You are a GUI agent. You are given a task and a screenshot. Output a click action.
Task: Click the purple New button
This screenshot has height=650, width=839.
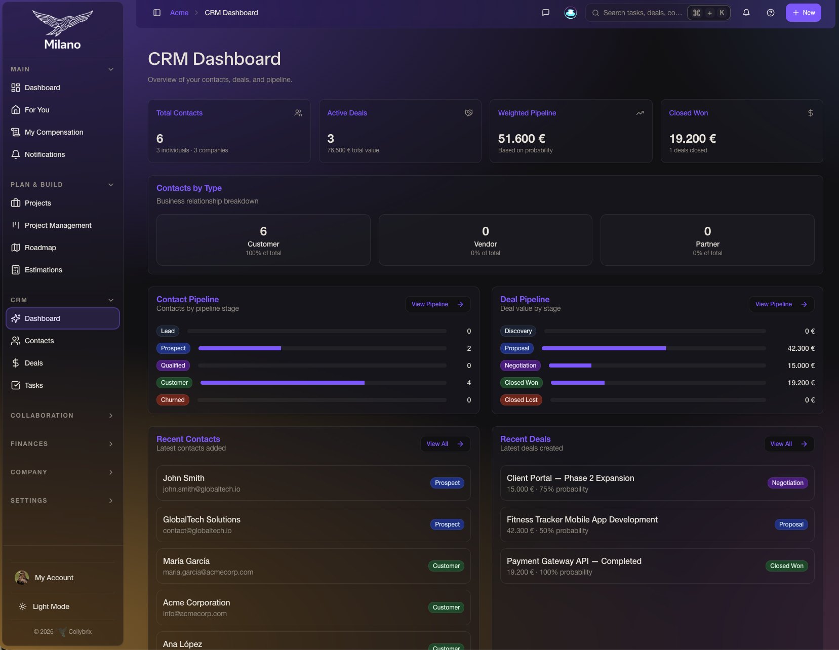pyautogui.click(x=803, y=13)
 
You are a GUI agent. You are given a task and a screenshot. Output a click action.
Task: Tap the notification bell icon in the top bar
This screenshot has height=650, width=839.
pyautogui.click(x=746, y=13)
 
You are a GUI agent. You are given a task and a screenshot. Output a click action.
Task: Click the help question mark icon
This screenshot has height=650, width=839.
pyautogui.click(x=770, y=13)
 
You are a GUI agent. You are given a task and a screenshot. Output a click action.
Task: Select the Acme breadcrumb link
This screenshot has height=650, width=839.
pyautogui.click(x=179, y=13)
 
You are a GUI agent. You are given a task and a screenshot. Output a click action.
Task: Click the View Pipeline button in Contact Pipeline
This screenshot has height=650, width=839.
pyautogui.click(x=437, y=304)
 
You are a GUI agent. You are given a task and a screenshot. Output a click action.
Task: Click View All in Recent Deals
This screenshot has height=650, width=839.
pyautogui.click(x=789, y=444)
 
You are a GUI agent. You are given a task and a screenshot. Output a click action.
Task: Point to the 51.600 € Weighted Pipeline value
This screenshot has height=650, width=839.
pyautogui.click(x=521, y=138)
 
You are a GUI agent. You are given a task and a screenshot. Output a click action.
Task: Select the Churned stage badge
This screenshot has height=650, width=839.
pyautogui.click(x=173, y=400)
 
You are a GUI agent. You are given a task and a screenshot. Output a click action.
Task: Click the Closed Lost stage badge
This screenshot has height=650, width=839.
pyautogui.click(x=521, y=400)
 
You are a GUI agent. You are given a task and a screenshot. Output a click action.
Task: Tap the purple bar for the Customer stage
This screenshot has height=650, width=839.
pyautogui.click(x=282, y=383)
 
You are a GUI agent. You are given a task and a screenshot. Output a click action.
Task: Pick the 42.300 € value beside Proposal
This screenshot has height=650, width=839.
pyautogui.click(x=801, y=348)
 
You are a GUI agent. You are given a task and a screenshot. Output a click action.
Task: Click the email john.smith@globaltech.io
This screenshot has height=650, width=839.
pyautogui.click(x=201, y=489)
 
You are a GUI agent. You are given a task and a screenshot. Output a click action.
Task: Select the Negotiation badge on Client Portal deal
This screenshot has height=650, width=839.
pyautogui.click(x=787, y=483)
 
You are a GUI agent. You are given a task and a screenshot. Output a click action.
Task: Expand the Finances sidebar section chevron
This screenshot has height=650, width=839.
pyautogui.click(x=111, y=444)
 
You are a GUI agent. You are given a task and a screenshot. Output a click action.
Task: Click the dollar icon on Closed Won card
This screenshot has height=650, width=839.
pyautogui.click(x=810, y=113)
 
